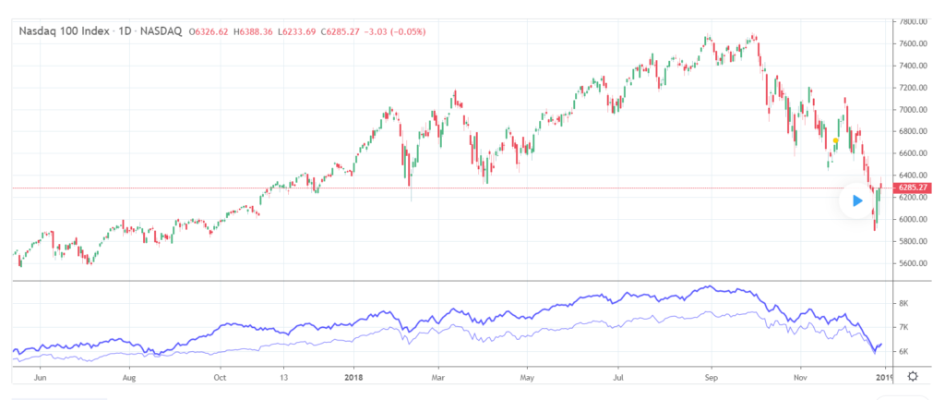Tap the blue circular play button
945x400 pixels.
click(x=857, y=200)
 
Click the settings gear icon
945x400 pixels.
click(x=913, y=376)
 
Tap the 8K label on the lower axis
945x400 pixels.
click(x=904, y=303)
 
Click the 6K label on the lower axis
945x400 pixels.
click(x=904, y=351)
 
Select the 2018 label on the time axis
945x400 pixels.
click(x=355, y=377)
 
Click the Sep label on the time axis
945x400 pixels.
click(x=711, y=377)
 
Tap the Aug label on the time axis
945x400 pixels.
click(x=129, y=377)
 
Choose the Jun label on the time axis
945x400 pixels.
click(x=39, y=377)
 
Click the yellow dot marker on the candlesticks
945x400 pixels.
click(x=835, y=140)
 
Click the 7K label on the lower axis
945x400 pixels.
click(x=904, y=327)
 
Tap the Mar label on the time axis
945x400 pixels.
click(x=440, y=377)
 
